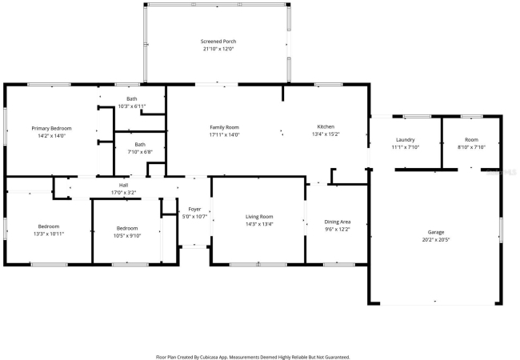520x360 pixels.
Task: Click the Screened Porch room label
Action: click(x=218, y=42)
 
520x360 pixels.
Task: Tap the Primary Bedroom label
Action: click(x=51, y=128)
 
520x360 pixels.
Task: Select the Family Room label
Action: click(x=224, y=127)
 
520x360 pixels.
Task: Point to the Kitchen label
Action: click(x=326, y=126)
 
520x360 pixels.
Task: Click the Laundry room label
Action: click(x=406, y=140)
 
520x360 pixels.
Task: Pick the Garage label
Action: click(x=436, y=232)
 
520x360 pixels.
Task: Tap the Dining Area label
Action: click(x=338, y=222)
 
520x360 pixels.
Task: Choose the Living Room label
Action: click(x=259, y=217)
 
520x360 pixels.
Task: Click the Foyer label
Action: click(x=194, y=209)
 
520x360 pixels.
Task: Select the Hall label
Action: click(x=123, y=185)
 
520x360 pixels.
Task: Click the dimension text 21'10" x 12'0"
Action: click(x=218, y=49)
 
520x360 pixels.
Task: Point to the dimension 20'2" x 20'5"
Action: click(x=436, y=240)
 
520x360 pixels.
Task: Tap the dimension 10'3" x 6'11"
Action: click(x=132, y=106)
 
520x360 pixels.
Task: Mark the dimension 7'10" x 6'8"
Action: click(x=140, y=152)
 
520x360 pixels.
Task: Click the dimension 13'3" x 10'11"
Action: click(x=49, y=234)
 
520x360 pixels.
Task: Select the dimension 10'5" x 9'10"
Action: click(x=127, y=236)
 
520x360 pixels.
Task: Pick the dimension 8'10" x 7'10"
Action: click(x=471, y=147)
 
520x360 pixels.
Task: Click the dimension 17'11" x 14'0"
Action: click(x=224, y=134)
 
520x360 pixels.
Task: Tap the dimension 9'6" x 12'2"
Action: click(x=338, y=229)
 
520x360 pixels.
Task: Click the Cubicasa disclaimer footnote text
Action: click(x=253, y=357)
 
